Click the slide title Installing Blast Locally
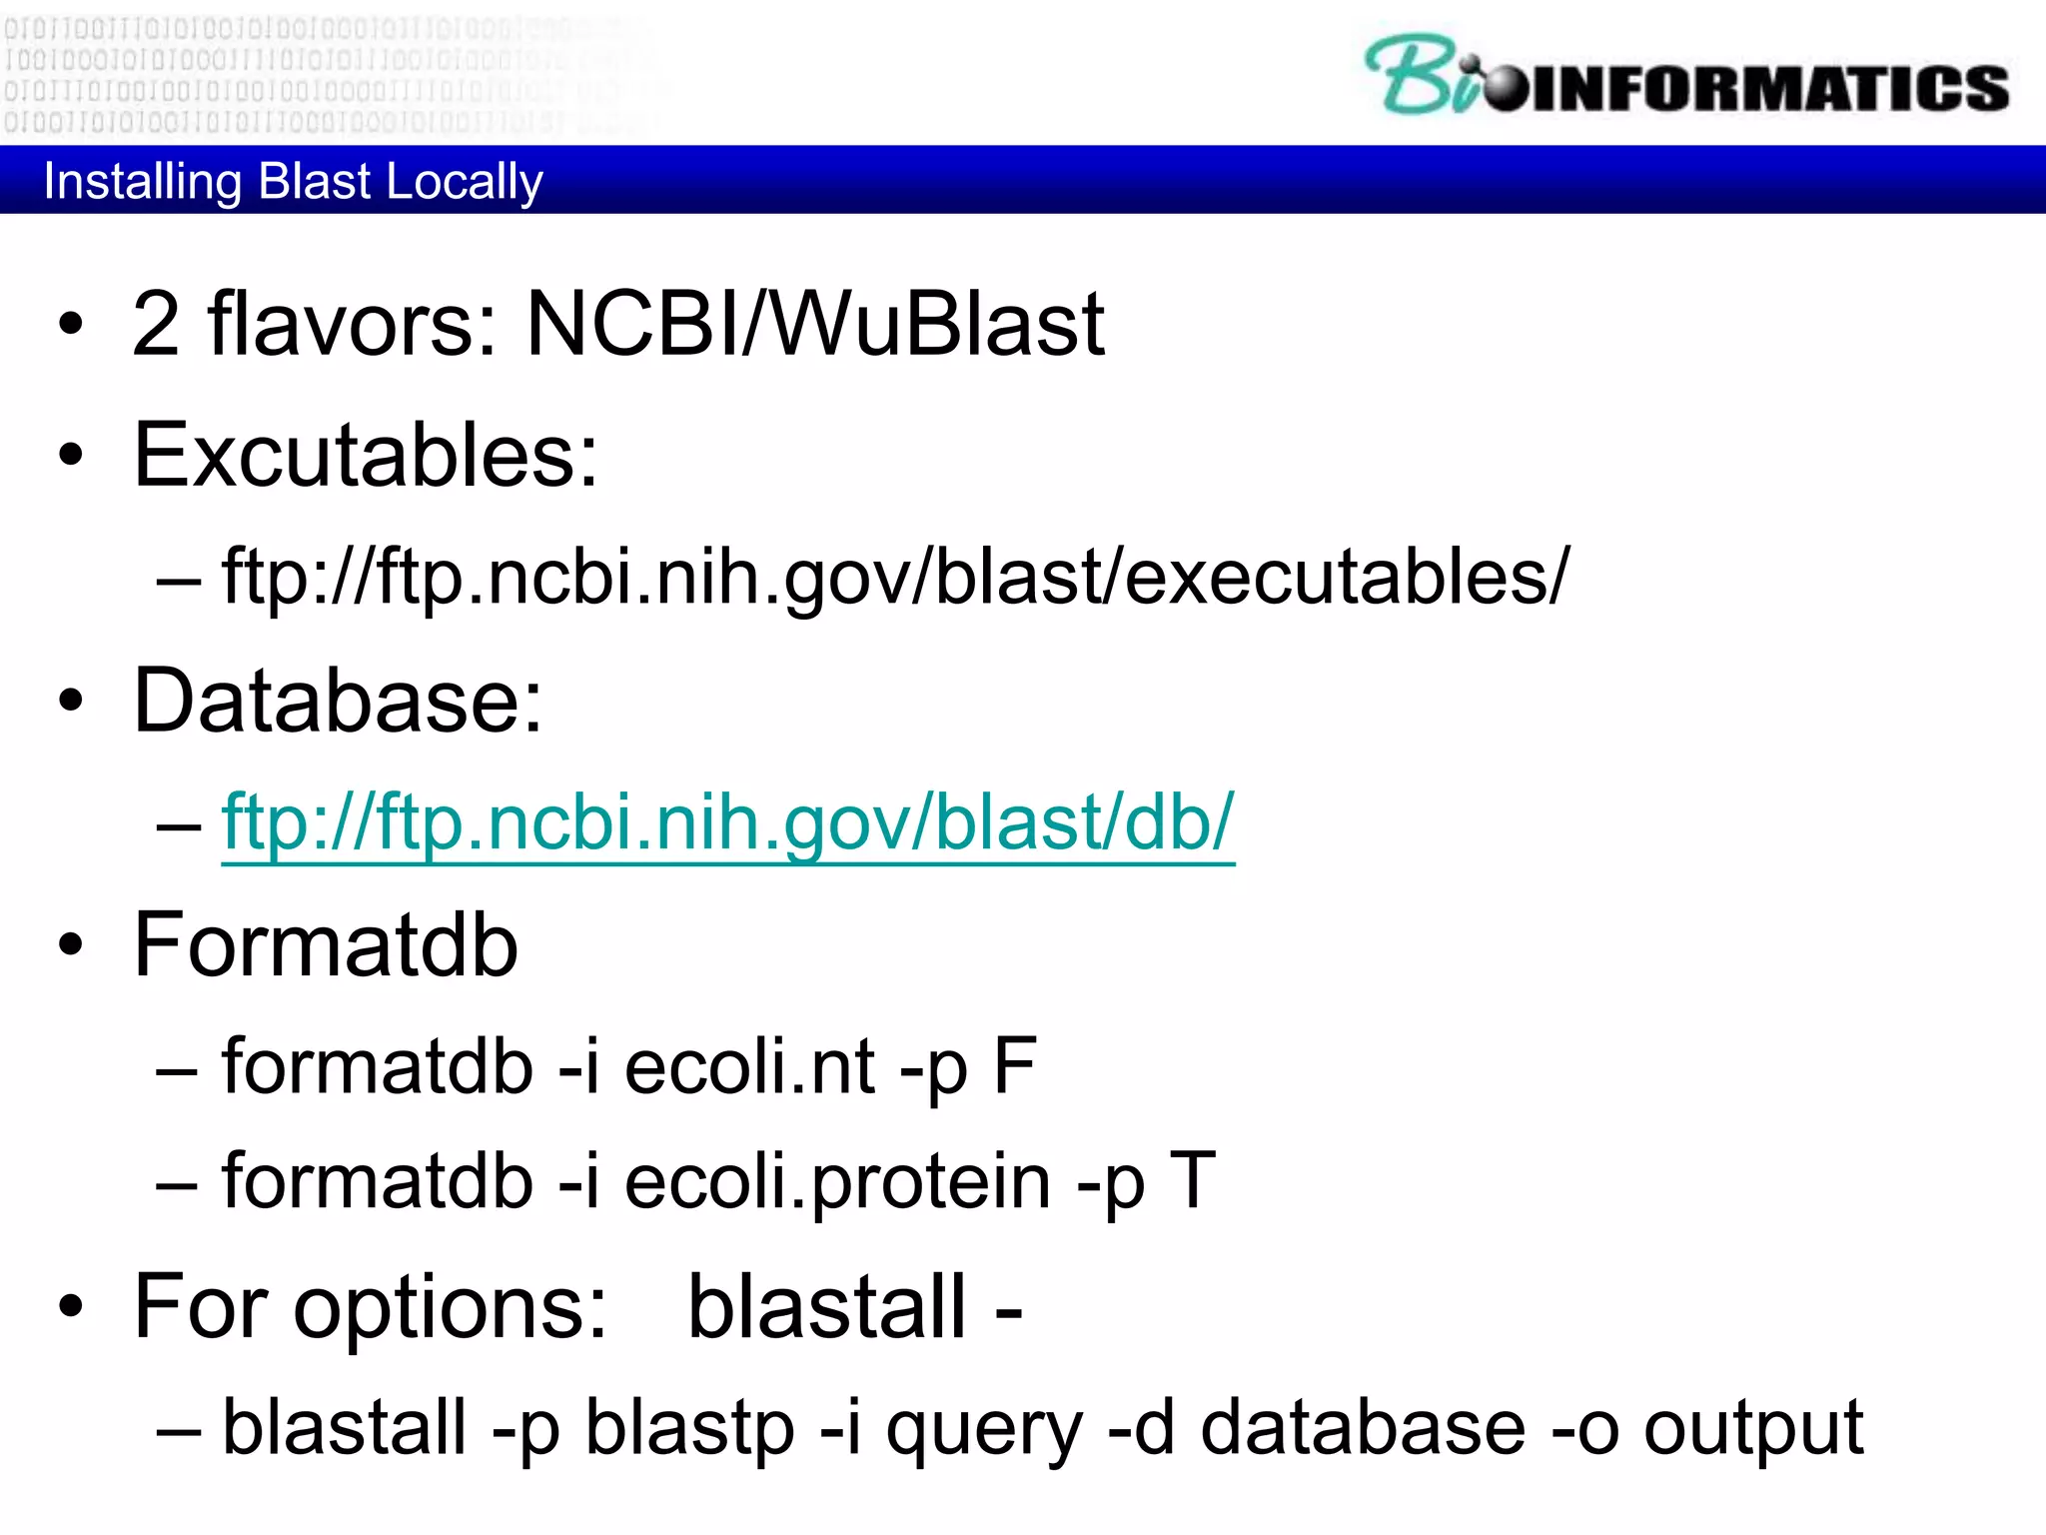293,181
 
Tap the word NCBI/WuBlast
814,324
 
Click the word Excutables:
366,456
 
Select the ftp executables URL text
895,577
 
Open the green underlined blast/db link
727,821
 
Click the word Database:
338,701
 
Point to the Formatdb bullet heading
326,945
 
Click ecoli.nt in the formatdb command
749,1067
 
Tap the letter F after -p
1014,1067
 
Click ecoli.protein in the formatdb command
837,1181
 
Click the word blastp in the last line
689,1427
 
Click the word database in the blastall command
1363,1427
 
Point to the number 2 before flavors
156,324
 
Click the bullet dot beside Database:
70,701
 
